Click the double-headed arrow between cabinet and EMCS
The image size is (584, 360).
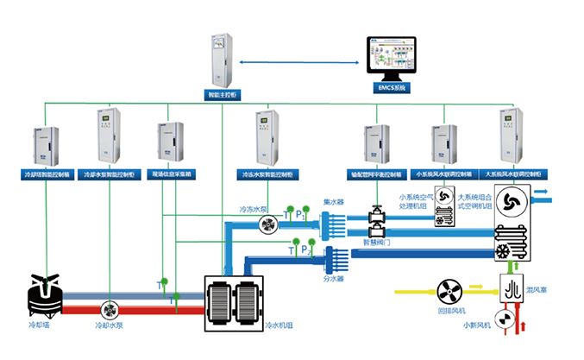[298, 62]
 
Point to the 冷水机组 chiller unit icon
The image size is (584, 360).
[233, 303]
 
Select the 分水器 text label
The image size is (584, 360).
[334, 280]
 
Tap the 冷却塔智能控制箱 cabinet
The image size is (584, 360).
[41, 147]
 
